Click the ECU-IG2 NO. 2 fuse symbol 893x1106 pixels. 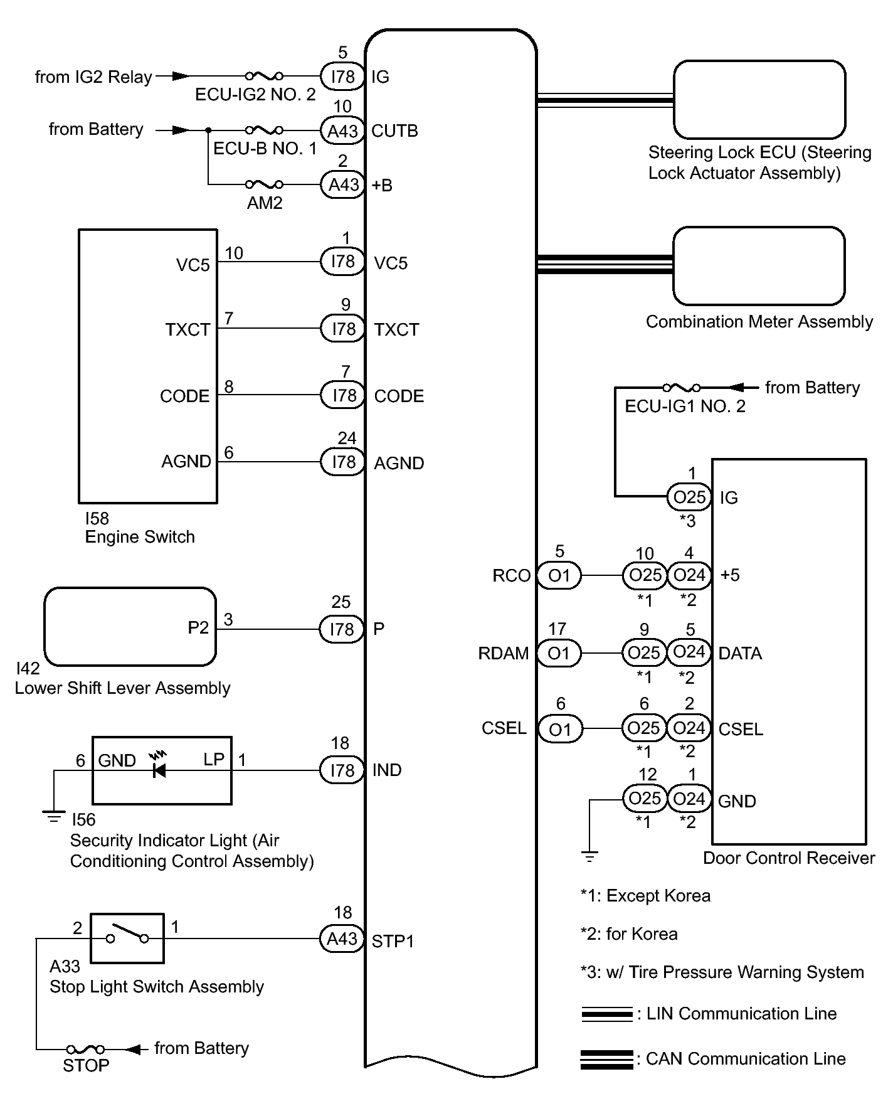[264, 76]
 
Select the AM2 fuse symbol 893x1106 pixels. [264, 184]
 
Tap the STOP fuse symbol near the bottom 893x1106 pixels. [86, 1049]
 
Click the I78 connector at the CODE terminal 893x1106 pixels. [342, 395]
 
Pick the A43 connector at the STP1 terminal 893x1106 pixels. [342, 939]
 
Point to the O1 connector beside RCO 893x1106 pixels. [559, 575]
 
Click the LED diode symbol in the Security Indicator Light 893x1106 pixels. [159, 769]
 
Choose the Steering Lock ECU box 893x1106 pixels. [759, 100]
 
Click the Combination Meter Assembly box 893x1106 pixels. [759, 266]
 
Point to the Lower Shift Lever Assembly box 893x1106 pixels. [130, 627]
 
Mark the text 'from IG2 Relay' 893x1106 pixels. [93, 77]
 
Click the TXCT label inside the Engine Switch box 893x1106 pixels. [188, 330]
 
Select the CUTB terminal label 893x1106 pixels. [394, 131]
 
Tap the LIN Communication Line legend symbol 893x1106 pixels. [606, 1014]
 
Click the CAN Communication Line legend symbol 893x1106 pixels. [606, 1060]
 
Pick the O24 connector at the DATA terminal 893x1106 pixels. [689, 652]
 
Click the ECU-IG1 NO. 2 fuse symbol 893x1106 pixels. [682, 388]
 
